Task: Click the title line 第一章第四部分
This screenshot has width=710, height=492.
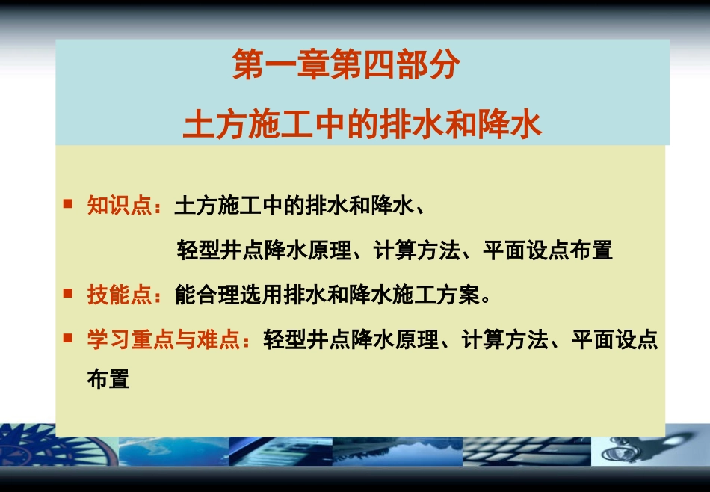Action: point(345,67)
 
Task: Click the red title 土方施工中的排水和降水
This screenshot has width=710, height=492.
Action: point(362,124)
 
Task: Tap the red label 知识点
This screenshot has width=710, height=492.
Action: point(120,206)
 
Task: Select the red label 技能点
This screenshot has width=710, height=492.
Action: point(120,295)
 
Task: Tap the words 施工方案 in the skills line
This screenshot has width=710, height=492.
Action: point(436,295)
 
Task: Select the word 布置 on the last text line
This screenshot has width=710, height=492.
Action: point(108,378)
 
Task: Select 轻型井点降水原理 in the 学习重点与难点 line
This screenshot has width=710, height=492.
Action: point(351,341)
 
